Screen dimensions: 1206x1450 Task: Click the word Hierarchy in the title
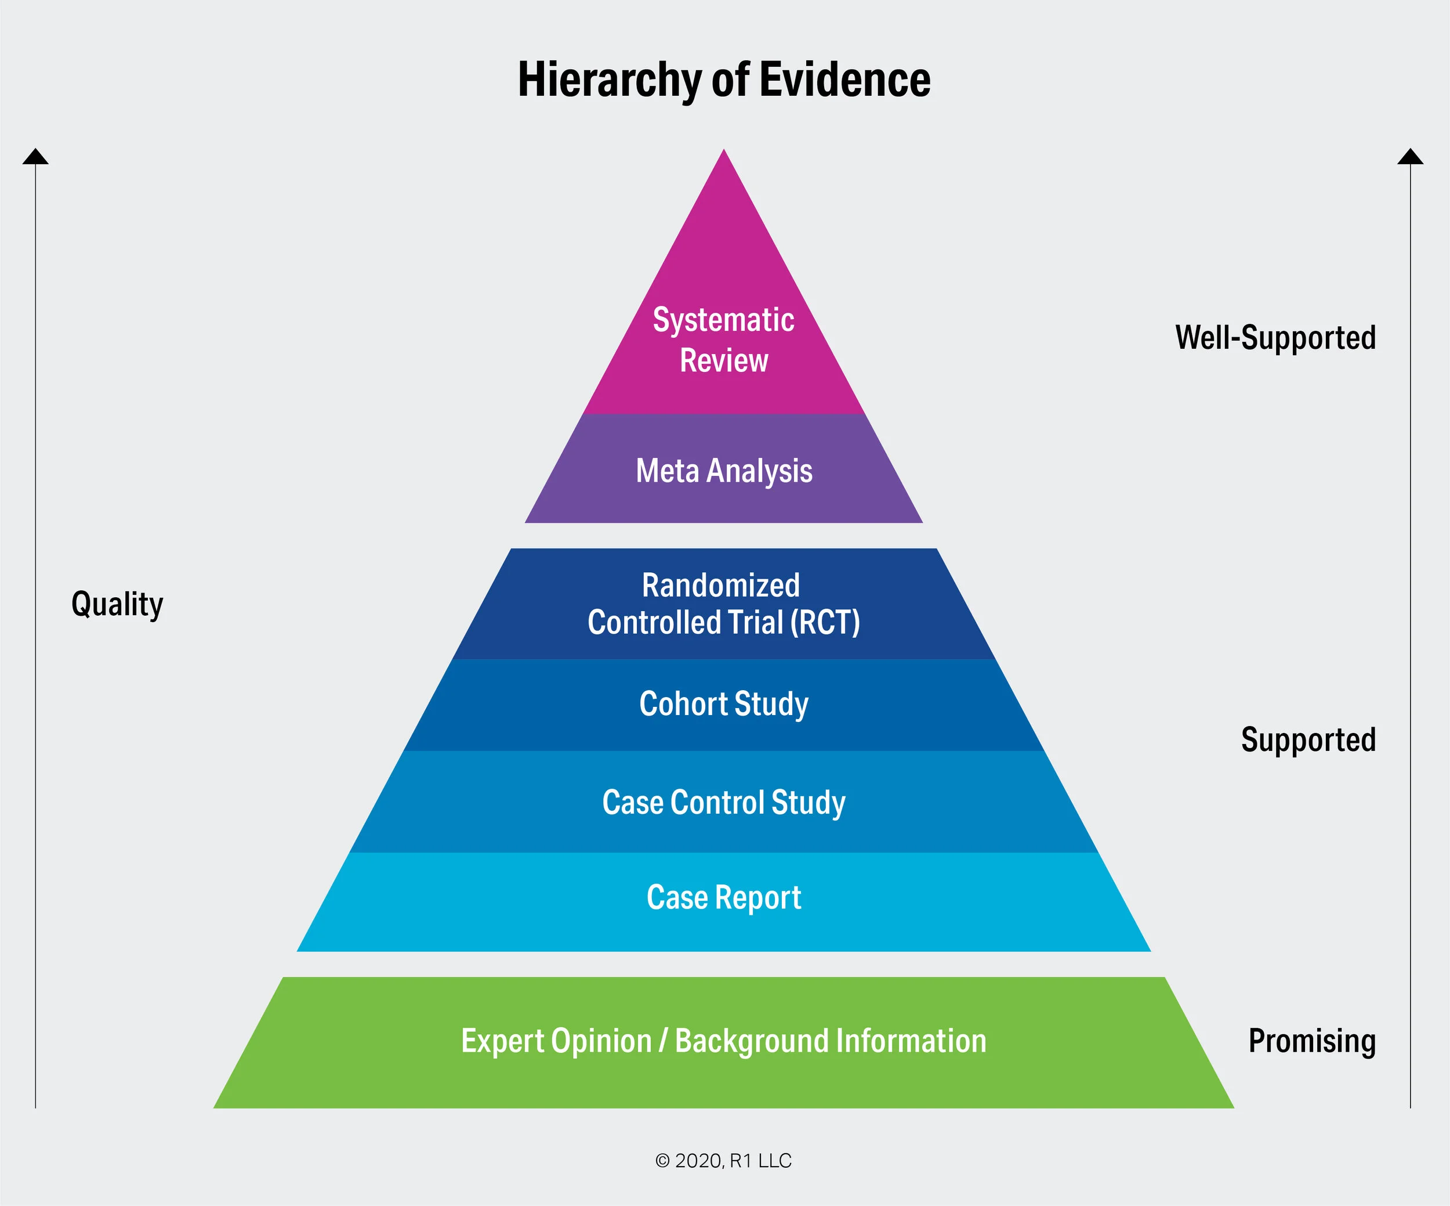[610, 80]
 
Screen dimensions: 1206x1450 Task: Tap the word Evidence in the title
[844, 80]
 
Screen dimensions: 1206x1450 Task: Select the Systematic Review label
[724, 340]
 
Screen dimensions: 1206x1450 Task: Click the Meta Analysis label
[724, 471]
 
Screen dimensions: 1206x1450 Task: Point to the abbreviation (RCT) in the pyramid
[825, 622]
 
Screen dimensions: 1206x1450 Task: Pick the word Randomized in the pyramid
[721, 586]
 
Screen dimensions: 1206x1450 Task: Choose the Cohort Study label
[724, 705]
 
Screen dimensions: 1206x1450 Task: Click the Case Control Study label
[724, 803]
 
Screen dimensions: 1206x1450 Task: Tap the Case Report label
[724, 898]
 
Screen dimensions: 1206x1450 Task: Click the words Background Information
[831, 1041]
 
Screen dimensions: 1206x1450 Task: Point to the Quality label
[117, 604]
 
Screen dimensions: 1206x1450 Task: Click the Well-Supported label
[1275, 338]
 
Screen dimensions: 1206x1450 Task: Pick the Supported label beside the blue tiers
[1308, 740]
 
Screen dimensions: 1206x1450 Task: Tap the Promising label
[1312, 1041]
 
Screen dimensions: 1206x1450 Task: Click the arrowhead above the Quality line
[35, 157]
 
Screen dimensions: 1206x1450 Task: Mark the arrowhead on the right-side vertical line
[1411, 157]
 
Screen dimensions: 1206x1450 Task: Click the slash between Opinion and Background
[663, 1041]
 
